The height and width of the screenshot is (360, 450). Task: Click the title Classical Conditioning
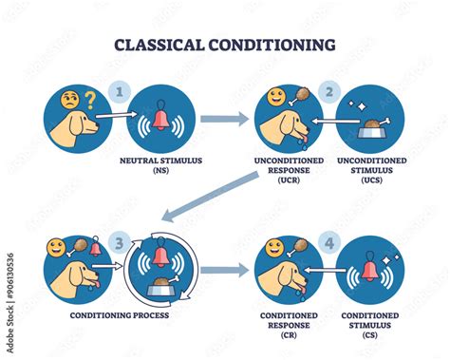tap(224, 44)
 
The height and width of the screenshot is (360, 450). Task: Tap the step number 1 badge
tap(119, 93)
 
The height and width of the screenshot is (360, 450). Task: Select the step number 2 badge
tap(329, 93)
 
